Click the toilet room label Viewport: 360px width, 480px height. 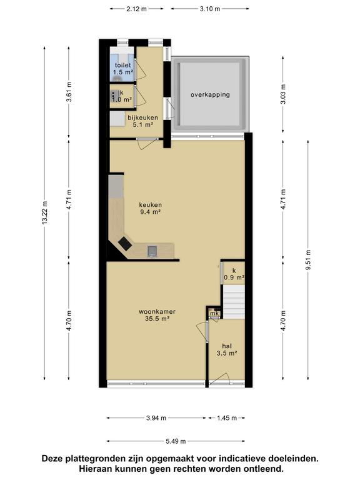point(123,69)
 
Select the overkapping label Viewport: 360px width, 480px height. point(210,94)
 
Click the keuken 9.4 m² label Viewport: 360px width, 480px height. point(150,208)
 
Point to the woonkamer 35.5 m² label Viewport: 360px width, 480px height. point(157,315)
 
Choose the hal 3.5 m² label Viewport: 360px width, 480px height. point(227,349)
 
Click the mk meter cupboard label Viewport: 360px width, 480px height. point(214,314)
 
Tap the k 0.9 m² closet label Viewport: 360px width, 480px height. point(234,274)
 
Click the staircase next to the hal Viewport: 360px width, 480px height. point(234,302)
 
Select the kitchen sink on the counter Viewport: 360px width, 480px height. point(152,251)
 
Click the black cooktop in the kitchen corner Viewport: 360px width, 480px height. point(125,243)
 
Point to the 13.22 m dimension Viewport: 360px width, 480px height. point(45,213)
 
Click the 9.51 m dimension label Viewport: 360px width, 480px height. point(308,260)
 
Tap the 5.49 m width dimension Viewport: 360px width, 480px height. point(176,441)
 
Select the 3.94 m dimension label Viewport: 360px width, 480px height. point(156,418)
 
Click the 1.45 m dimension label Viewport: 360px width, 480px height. point(227,418)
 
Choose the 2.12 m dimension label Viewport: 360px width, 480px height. point(136,9)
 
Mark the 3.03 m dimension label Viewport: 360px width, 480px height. point(283,94)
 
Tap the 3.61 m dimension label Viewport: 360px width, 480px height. point(69,92)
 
